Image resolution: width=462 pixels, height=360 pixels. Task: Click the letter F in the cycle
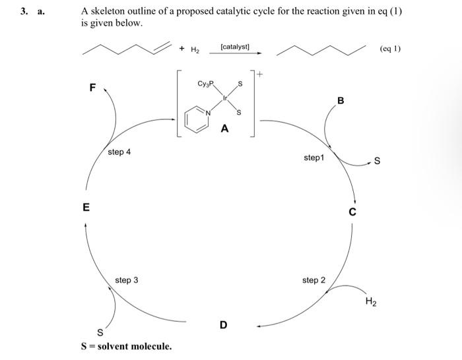click(x=92, y=86)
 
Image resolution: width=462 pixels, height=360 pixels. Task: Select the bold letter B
click(x=341, y=101)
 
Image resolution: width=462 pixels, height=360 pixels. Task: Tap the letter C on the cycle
click(x=352, y=212)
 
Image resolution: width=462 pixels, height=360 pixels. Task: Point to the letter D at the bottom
click(x=223, y=325)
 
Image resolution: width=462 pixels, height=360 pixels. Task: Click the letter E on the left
click(x=85, y=207)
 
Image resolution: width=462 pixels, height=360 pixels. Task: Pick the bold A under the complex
click(x=224, y=129)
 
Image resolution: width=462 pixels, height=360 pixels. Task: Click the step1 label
click(x=314, y=158)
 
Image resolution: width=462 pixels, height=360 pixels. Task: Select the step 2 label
click(x=313, y=280)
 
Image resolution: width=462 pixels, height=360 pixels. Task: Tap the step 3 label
click(x=127, y=280)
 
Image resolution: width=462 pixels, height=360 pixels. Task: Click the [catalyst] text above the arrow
click(x=234, y=47)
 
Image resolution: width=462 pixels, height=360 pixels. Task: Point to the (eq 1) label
click(x=391, y=49)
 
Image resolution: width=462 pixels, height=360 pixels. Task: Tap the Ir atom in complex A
click(x=224, y=98)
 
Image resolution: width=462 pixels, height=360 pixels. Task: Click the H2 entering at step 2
click(x=372, y=302)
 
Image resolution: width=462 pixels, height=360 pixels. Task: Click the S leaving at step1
click(x=377, y=162)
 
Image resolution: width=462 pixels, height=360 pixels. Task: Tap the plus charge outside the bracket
click(x=260, y=76)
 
